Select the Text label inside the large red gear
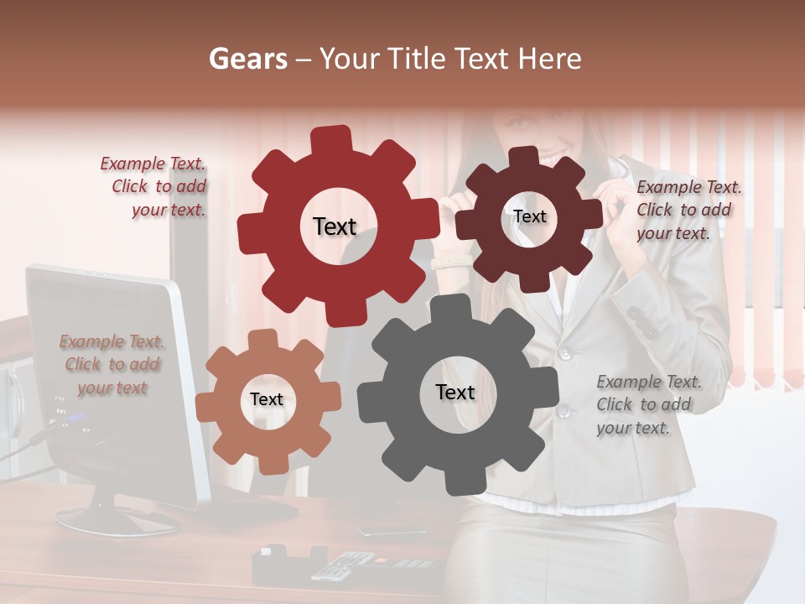(x=335, y=226)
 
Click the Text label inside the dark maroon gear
(x=529, y=216)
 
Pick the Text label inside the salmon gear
(x=267, y=399)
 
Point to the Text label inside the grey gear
(x=455, y=392)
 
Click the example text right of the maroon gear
(x=687, y=210)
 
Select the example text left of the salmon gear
(x=112, y=364)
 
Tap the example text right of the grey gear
(x=647, y=404)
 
